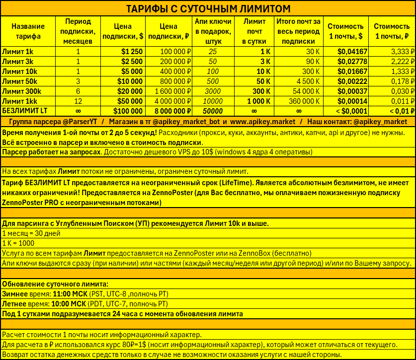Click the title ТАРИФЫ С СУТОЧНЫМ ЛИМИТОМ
pos(208,9)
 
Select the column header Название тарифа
pos(28,31)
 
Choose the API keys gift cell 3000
pos(213,91)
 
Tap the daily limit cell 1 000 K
pos(256,101)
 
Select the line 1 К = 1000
pos(19,243)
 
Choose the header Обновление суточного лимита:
pos(55,284)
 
